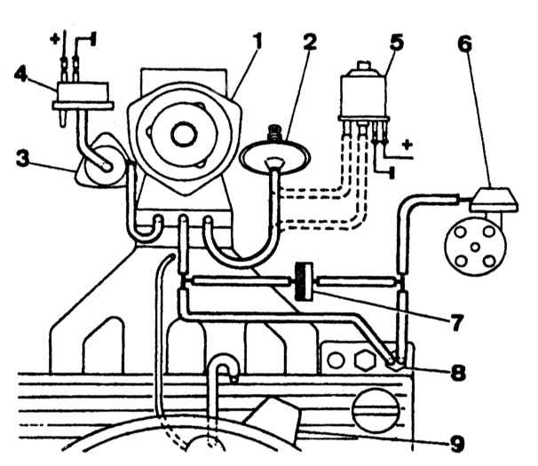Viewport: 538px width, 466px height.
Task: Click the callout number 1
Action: click(257, 41)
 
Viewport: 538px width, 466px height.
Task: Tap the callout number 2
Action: click(309, 41)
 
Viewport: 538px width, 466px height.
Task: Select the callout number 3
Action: click(23, 159)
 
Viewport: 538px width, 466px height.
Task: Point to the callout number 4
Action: click(20, 74)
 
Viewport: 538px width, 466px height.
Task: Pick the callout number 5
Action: click(397, 41)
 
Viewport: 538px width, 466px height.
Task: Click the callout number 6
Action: click(465, 43)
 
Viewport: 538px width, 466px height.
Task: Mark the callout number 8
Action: click(458, 373)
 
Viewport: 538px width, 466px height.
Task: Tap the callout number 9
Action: click(457, 443)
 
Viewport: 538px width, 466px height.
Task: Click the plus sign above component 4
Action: click(54, 38)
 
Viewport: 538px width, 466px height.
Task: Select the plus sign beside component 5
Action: click(407, 145)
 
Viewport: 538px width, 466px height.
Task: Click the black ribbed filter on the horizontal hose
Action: click(304, 281)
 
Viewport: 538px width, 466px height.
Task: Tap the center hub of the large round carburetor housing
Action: click(184, 134)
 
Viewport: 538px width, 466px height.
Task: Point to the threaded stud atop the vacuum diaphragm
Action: click(275, 133)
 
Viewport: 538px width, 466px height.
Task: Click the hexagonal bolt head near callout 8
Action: click(364, 360)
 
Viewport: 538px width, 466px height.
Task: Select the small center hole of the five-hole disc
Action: click(475, 247)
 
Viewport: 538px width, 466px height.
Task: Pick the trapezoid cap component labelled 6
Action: click(494, 200)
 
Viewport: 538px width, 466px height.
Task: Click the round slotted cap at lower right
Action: click(376, 410)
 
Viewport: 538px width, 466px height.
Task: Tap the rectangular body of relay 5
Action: click(363, 97)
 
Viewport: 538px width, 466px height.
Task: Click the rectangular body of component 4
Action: click(83, 92)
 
